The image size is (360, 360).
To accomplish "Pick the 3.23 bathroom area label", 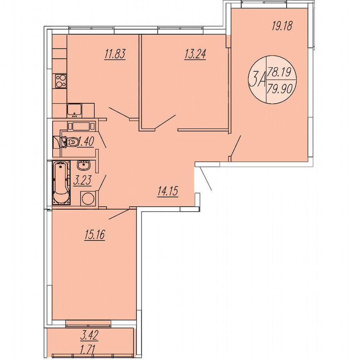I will coord(82,182).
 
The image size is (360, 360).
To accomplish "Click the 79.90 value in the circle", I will coord(280,89).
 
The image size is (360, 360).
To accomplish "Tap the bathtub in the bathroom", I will coord(60,183).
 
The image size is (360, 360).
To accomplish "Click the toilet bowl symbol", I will coord(70,142).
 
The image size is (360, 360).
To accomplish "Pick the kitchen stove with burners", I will coord(60,80).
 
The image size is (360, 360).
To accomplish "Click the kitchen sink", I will coord(75,110).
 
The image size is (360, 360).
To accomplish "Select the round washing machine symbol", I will coord(88,198).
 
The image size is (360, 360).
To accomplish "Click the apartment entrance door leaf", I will coord(205,178).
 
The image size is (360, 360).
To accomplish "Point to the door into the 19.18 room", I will coord(235,146).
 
